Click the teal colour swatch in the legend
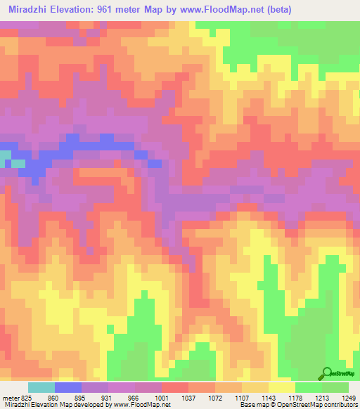pyautogui.click(x=41, y=387)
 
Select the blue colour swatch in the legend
pyautogui.click(x=68, y=387)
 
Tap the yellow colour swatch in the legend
pyautogui.click(x=282, y=387)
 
